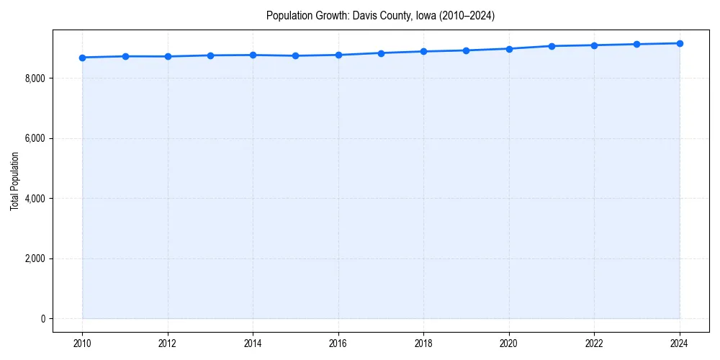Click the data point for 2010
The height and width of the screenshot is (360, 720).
83,58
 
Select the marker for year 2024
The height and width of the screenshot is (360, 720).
680,43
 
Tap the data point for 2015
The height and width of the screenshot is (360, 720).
296,55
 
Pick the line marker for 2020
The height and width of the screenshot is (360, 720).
509,49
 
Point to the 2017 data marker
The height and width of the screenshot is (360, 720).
381,53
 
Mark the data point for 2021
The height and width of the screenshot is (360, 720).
552,46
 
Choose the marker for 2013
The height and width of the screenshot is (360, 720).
210,55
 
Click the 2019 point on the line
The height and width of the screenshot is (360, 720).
467,50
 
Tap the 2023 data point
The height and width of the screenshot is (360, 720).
637,44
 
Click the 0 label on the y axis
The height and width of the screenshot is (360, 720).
43,319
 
